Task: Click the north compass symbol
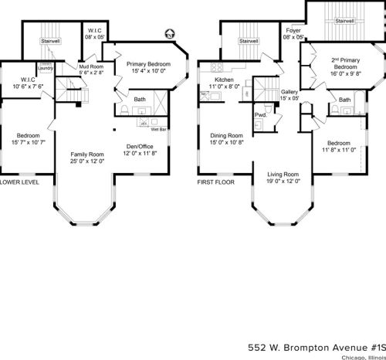[x=169, y=33]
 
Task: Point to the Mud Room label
[x=92, y=66]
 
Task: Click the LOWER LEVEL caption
[x=19, y=183]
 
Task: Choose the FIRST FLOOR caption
[x=215, y=183]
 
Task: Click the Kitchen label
[x=214, y=80]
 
